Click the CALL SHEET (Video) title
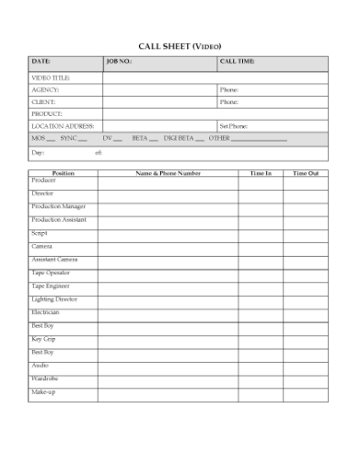[180, 45]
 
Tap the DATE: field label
[41, 62]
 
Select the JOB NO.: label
[120, 62]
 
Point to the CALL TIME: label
[238, 62]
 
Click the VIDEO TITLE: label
[51, 79]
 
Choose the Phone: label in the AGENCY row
[228, 90]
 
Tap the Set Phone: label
[234, 126]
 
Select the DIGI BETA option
[179, 138]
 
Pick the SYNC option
[69, 138]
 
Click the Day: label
[38, 153]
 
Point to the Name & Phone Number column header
[168, 173]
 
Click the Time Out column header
[305, 173]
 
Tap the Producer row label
[44, 181]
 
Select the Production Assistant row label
[58, 220]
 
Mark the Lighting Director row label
[54, 300]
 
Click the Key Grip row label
[44, 339]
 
